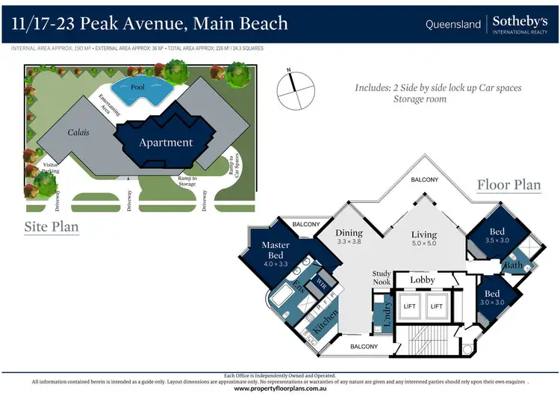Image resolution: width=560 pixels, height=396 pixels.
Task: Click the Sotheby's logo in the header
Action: coord(520,24)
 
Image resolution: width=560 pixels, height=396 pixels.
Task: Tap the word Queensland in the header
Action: coord(453,24)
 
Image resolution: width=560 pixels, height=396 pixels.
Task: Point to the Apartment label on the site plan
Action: coord(166,142)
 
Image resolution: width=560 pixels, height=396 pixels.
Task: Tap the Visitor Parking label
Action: coord(52,168)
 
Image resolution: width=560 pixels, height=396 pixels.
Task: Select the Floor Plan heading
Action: coord(508,185)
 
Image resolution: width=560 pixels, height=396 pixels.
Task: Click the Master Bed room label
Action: coord(275,249)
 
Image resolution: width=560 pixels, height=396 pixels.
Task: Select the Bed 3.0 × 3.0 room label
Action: coord(491,297)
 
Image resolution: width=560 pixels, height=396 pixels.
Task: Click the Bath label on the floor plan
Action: coord(513,264)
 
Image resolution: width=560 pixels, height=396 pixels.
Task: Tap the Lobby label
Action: coord(422,280)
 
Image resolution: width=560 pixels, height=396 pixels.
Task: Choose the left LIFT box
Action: coord(409,306)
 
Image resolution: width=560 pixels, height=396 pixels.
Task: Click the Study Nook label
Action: coord(382,277)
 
